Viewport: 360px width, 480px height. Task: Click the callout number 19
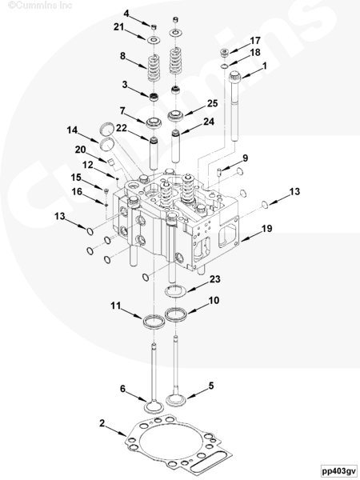tap(266, 228)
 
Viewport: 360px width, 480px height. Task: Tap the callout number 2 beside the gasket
tap(102, 423)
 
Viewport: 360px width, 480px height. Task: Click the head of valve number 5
tap(176, 400)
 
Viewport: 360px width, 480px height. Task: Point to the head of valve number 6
tap(154, 407)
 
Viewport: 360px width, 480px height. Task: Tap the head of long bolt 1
tap(235, 75)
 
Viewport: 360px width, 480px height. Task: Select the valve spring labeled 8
tap(154, 68)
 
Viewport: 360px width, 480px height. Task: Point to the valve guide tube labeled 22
tap(154, 153)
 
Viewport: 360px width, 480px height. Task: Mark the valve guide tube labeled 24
tap(175, 146)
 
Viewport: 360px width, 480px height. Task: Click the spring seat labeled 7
tap(154, 123)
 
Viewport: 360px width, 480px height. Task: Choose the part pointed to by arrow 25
tap(176, 116)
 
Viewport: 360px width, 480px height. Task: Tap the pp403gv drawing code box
tap(339, 471)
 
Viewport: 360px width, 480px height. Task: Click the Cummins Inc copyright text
tap(40, 5)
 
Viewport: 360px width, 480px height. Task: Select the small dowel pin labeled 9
tap(219, 172)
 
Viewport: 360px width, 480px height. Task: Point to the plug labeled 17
tap(224, 53)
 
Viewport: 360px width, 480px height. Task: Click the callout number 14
tap(72, 130)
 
